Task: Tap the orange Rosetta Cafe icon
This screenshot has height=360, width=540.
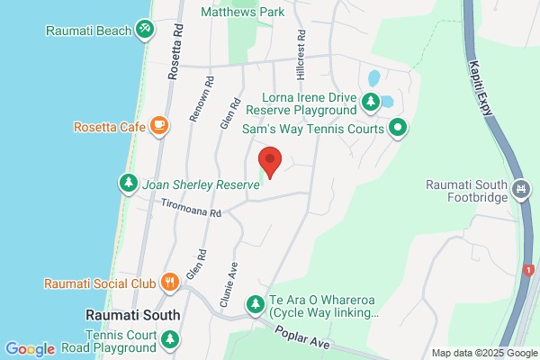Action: click(x=159, y=126)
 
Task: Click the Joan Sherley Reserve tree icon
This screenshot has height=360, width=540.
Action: click(x=128, y=184)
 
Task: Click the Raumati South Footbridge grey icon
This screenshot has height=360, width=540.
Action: click(x=520, y=189)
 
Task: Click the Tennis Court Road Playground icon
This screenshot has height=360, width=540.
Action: click(x=169, y=339)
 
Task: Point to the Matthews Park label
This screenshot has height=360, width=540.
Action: click(x=242, y=13)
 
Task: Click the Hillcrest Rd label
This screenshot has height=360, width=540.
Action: click(x=301, y=54)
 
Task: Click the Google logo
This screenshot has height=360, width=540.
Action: click(x=30, y=349)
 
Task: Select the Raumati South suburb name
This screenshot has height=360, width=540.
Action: click(x=132, y=315)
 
